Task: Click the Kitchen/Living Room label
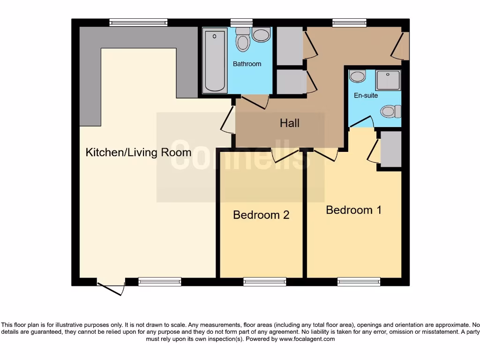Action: pos(138,152)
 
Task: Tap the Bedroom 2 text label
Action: pos(261,215)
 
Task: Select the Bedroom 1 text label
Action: pos(353,210)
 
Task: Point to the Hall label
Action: pos(290,123)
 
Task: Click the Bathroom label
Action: pos(247,64)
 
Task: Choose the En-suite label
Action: pos(366,96)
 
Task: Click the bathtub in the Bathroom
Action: pos(215,60)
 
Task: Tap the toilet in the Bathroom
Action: pos(242,39)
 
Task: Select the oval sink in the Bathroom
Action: pos(261,35)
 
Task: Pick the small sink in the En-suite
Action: pos(358,76)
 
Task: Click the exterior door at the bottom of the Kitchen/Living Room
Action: pos(111,287)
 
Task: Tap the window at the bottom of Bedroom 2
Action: pos(265,282)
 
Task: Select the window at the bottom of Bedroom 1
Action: pos(359,282)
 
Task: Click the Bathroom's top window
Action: pos(241,22)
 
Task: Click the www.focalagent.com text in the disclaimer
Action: pos(307,339)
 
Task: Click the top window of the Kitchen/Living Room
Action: pos(138,22)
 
